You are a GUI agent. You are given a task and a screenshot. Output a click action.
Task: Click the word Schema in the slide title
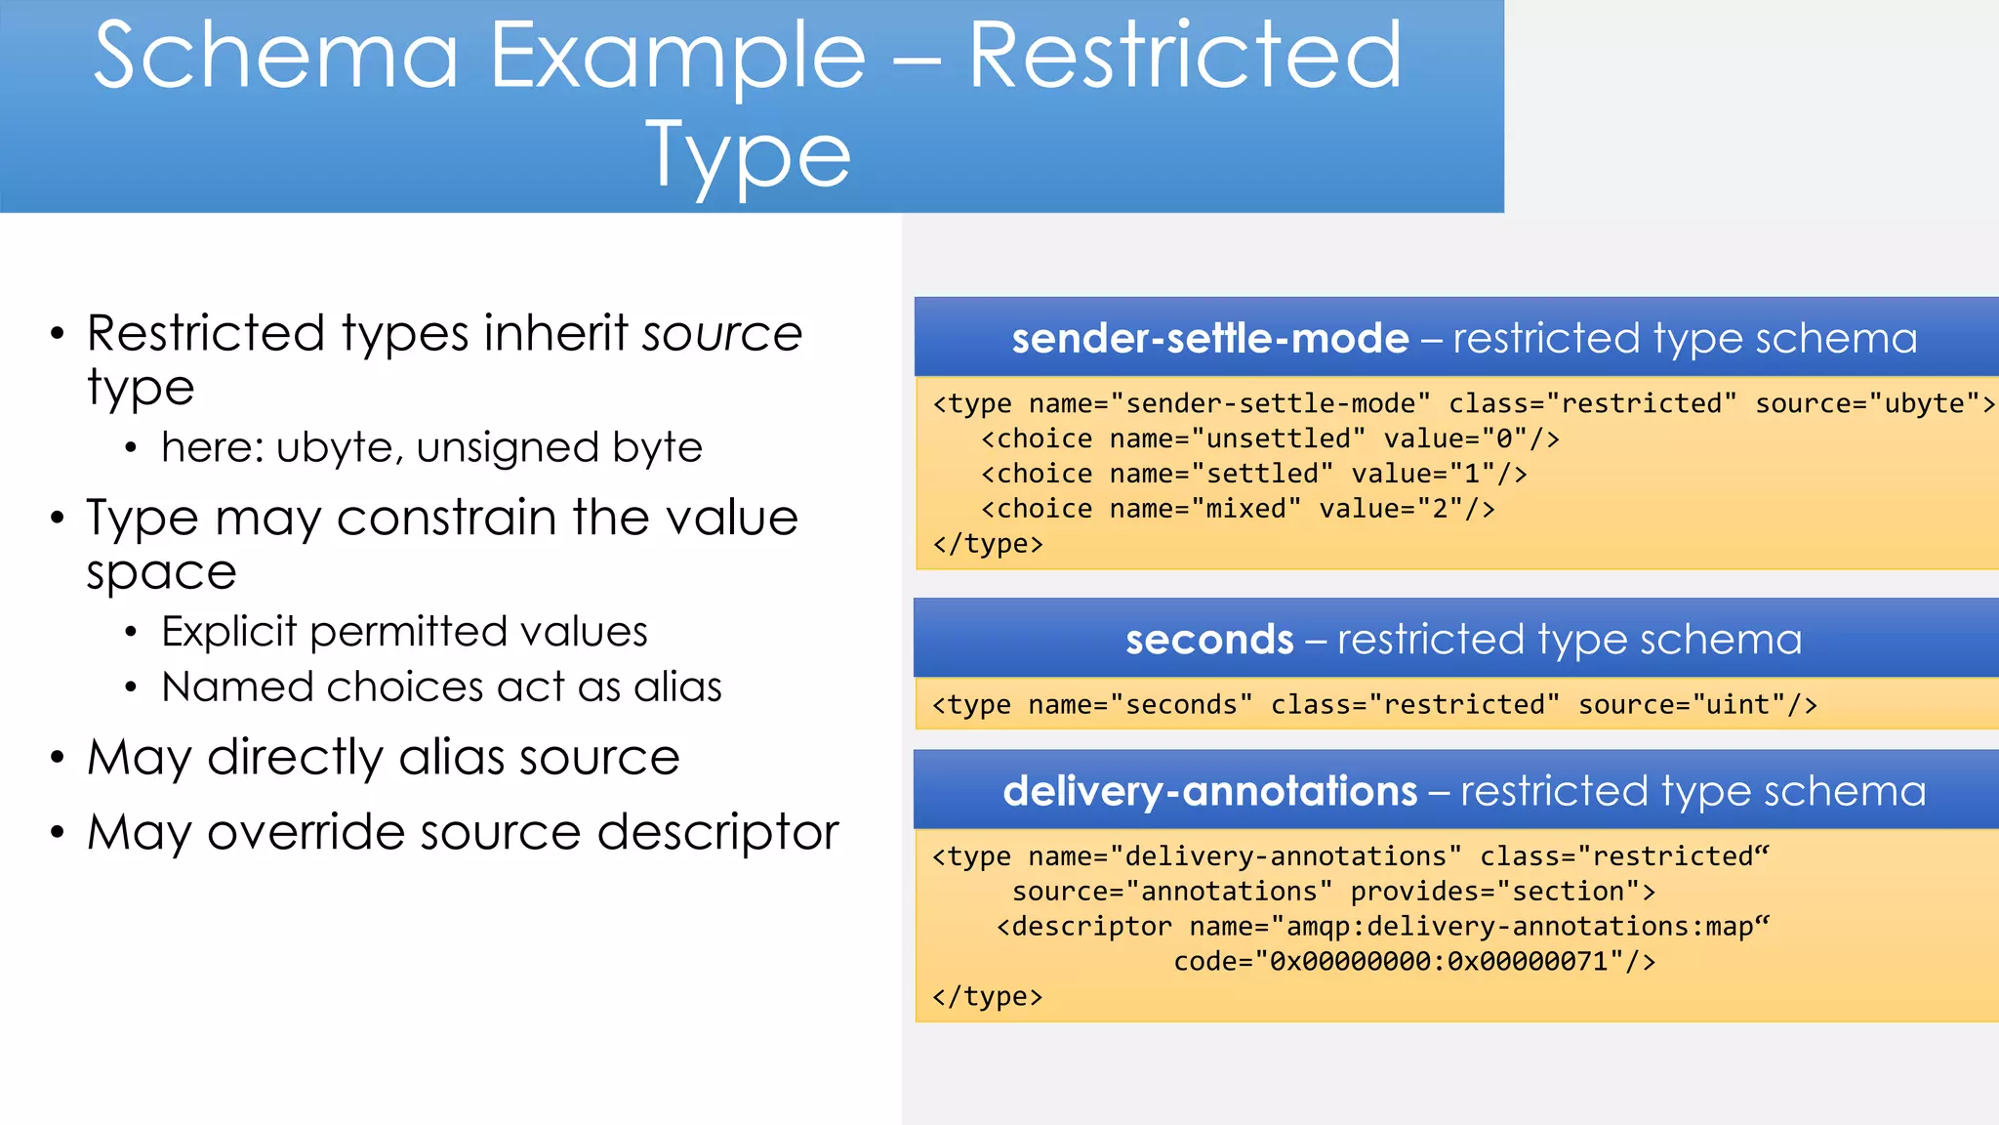click(276, 57)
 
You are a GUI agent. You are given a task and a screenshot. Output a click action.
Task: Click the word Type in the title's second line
click(749, 156)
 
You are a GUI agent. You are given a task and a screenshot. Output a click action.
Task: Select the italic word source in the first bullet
click(721, 334)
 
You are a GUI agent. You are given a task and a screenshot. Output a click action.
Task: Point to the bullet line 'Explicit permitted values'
click(404, 632)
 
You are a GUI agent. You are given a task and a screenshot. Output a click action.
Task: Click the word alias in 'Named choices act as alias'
click(677, 687)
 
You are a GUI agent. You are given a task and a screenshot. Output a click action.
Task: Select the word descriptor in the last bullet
click(717, 833)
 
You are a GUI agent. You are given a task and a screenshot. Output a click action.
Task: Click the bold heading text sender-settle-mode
click(1209, 339)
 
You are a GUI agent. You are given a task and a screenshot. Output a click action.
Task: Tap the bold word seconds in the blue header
click(1208, 641)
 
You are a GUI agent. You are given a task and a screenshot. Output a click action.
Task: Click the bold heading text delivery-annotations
click(1209, 792)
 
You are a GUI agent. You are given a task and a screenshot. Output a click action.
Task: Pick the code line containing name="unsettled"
click(1269, 439)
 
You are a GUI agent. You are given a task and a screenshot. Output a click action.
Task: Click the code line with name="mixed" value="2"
click(1237, 510)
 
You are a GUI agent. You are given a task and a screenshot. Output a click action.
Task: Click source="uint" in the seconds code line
click(1696, 705)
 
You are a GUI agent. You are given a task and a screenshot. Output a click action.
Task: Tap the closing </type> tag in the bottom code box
click(987, 997)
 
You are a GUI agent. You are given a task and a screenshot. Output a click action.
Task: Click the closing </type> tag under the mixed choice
click(987, 544)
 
